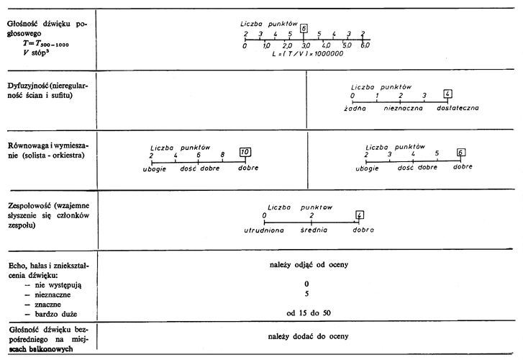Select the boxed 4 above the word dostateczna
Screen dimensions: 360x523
tap(447, 94)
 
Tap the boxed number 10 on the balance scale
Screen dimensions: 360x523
tap(245, 152)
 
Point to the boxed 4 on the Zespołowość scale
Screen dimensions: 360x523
tap(360, 214)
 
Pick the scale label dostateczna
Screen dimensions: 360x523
tap(458, 108)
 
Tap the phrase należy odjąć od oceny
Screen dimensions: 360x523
tap(307, 265)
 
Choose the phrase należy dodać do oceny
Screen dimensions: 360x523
tap(307, 336)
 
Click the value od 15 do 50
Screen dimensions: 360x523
tap(307, 313)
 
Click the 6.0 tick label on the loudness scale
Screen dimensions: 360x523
tap(365, 45)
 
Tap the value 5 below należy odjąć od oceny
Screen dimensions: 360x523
tap(306, 294)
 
